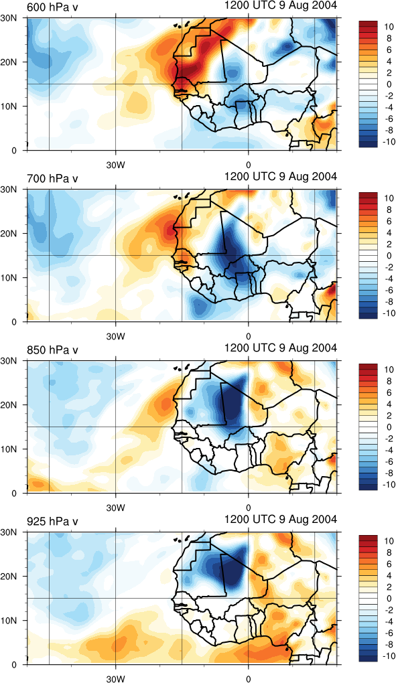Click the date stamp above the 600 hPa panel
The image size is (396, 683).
281,5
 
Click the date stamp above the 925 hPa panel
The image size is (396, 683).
281,520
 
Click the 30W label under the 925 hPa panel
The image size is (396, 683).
116,678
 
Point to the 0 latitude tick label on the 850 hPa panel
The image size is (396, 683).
14,494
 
